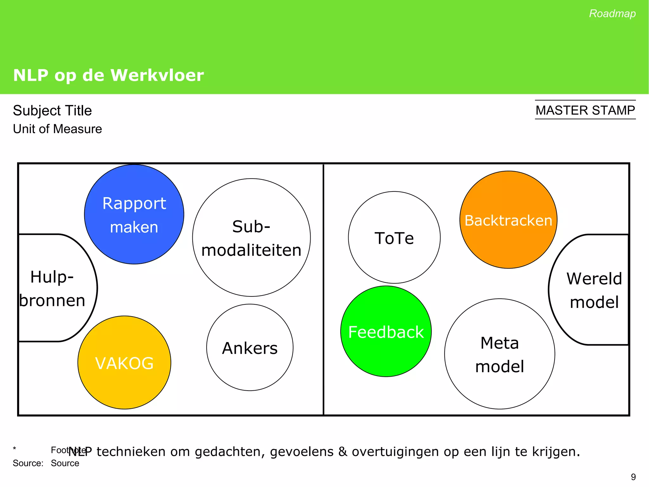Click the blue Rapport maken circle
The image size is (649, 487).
134,214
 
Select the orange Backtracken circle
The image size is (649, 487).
508,220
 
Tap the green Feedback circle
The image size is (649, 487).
386,332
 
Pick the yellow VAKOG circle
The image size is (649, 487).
124,363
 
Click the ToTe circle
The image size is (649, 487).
394,238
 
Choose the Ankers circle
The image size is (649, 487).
250,348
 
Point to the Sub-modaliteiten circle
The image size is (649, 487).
251,238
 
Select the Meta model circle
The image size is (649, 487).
500,354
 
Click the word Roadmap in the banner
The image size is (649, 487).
612,14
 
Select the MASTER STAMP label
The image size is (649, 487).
585,110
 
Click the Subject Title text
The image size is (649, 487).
52,111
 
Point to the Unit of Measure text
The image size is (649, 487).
57,129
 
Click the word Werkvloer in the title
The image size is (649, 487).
157,75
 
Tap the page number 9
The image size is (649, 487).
633,477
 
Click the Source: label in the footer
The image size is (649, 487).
28,463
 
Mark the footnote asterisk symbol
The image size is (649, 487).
14,449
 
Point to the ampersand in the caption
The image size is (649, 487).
343,452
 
